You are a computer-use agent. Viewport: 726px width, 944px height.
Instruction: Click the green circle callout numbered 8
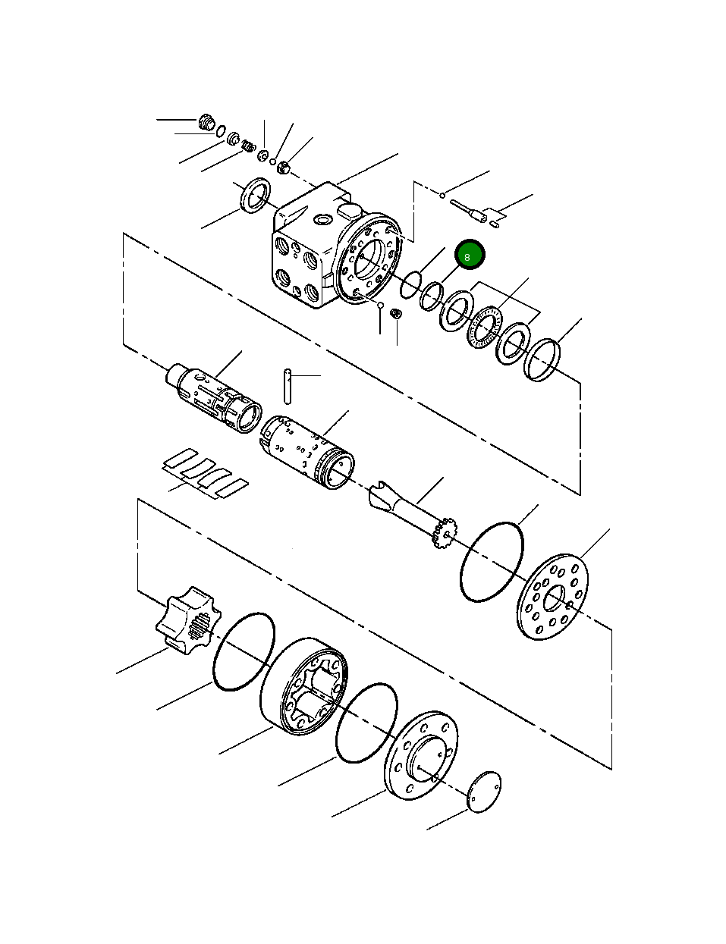(x=468, y=256)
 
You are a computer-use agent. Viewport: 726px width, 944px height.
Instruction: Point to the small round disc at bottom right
(x=484, y=792)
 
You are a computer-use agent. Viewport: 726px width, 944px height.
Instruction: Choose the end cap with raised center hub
(x=421, y=754)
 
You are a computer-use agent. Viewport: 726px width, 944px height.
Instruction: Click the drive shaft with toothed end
(x=413, y=512)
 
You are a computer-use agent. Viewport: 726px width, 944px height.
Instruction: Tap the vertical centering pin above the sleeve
(x=288, y=387)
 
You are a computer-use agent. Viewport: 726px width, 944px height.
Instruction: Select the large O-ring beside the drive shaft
(x=492, y=562)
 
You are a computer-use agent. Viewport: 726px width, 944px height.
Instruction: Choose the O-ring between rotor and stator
(x=243, y=652)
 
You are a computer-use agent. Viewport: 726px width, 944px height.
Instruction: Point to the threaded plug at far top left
(x=206, y=122)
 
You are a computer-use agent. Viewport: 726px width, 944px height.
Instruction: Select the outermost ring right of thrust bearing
(x=542, y=360)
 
